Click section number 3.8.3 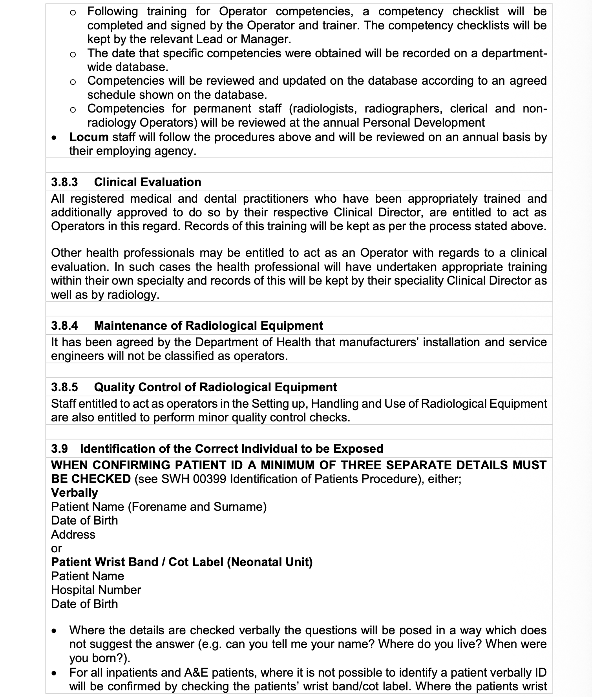(x=64, y=182)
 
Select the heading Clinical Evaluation (x=148, y=182)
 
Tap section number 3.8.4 (x=64, y=326)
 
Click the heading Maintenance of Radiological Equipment (x=208, y=326)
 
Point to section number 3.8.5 (x=64, y=387)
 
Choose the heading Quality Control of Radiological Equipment (x=216, y=387)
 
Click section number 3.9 (x=59, y=449)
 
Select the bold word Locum (x=89, y=137)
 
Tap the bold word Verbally (x=75, y=493)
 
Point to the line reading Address (x=73, y=535)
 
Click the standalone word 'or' (x=57, y=549)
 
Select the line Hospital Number (x=96, y=590)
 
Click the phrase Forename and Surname (x=197, y=507)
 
